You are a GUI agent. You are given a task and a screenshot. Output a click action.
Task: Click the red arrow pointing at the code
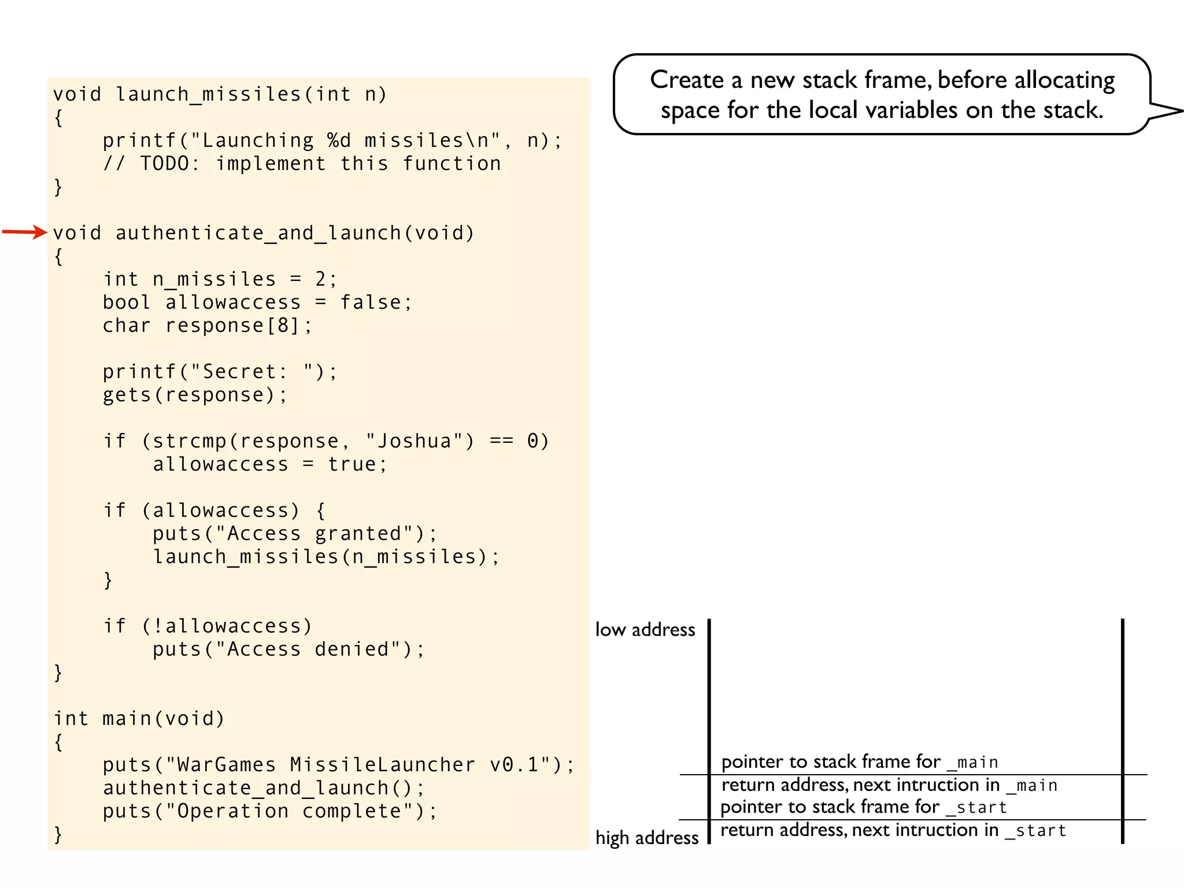click(x=24, y=232)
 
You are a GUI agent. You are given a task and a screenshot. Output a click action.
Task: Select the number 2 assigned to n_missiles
click(x=321, y=279)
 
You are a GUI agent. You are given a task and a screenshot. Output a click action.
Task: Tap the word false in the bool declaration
click(x=371, y=302)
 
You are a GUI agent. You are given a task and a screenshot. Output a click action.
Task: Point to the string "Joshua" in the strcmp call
click(x=414, y=441)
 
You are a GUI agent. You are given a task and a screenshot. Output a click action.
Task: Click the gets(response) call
click(x=194, y=395)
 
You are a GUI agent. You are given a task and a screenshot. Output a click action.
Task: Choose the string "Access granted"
click(x=314, y=534)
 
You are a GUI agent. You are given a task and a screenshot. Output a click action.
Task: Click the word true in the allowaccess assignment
click(x=352, y=464)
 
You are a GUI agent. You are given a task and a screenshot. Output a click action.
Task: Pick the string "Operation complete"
click(x=295, y=811)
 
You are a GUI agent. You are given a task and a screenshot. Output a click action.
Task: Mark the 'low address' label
click(x=645, y=630)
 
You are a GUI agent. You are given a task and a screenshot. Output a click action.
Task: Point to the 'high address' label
click(x=647, y=837)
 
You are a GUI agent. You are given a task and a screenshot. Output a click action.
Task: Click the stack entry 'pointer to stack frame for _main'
click(x=860, y=762)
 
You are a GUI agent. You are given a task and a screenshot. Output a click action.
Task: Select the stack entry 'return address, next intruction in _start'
click(x=893, y=830)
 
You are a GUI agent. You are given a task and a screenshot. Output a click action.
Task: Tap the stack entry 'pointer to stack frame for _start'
click(x=864, y=807)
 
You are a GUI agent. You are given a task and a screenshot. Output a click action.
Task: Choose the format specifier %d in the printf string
click(x=339, y=140)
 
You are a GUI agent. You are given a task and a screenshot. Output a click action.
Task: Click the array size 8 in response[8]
click(x=283, y=325)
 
